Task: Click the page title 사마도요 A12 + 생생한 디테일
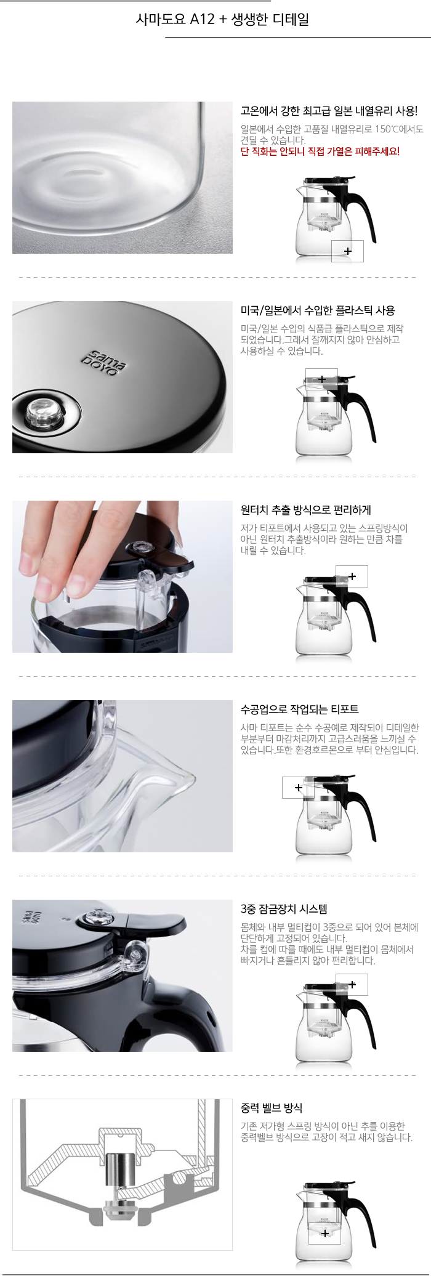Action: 222,20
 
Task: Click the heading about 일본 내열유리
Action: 328,111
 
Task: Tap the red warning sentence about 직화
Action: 320,151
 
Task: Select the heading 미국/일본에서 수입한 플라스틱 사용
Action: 317,310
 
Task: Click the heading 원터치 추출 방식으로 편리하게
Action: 305,510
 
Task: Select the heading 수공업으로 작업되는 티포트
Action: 299,709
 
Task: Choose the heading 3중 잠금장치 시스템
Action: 283,909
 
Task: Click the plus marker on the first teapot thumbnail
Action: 348,251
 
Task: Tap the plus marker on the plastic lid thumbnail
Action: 322,379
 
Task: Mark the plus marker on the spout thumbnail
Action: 299,788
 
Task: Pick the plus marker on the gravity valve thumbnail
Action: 325,1234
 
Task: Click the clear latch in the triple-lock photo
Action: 135,955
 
